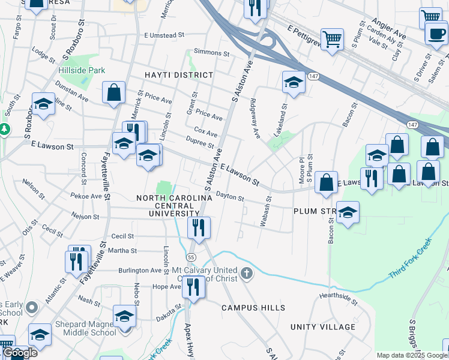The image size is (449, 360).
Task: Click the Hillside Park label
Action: (82, 70)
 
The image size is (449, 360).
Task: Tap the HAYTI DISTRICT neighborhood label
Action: (178, 75)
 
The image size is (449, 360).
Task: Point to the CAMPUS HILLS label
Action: (253, 308)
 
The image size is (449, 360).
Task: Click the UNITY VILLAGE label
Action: (323, 327)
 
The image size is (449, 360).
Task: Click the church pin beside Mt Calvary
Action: (246, 274)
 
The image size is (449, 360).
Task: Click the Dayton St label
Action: (230, 197)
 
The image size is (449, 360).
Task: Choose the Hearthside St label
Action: (338, 295)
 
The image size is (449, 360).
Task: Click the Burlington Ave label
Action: (140, 271)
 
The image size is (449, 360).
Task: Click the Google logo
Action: (20, 353)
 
